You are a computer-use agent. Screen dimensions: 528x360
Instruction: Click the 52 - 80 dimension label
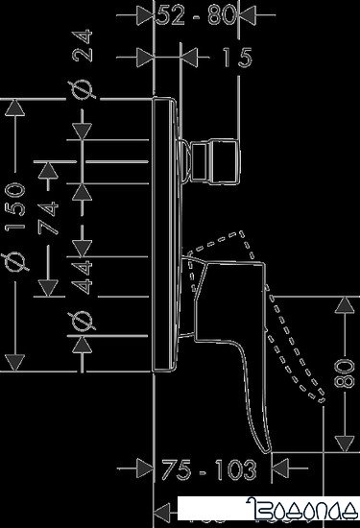click(201, 15)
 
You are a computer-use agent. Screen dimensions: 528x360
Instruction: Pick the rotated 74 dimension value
click(55, 213)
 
